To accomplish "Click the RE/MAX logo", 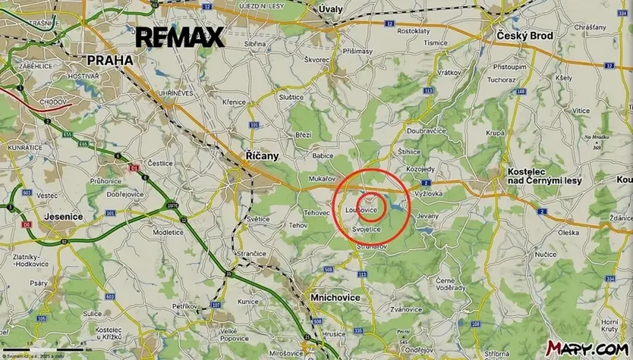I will [x=179, y=36].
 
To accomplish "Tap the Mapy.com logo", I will [x=587, y=348].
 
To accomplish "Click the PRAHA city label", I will [x=110, y=59].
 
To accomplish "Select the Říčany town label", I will [x=261, y=155].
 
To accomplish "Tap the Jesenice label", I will [x=64, y=217].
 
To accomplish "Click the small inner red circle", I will [x=372, y=207].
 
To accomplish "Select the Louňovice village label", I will [x=361, y=209].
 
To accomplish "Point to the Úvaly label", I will [x=331, y=8].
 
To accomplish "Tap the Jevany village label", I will [x=427, y=217].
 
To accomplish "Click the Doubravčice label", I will [x=427, y=131].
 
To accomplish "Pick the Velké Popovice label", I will [x=234, y=333].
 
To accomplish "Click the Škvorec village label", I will [x=317, y=59].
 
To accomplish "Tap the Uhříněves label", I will [x=177, y=92].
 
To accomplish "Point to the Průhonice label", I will [x=105, y=181].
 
